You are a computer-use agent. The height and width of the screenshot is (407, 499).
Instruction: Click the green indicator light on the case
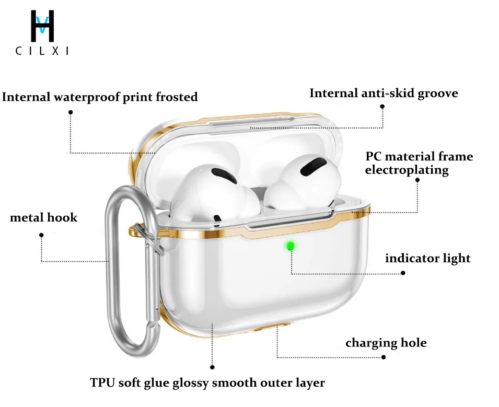coord(290,245)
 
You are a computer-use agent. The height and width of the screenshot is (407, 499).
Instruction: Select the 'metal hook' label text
coord(43,217)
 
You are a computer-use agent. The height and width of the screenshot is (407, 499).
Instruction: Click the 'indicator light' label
coord(427,258)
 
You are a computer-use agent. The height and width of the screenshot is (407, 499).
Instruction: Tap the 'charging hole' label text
coord(386,343)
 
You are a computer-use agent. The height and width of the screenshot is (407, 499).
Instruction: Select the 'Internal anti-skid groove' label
coord(384,94)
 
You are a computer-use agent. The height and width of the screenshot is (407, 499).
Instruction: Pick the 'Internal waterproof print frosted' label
coord(100,97)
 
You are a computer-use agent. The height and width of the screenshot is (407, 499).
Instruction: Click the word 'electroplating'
coord(407,170)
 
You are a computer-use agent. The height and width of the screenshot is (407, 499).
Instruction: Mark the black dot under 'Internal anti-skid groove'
coord(382,106)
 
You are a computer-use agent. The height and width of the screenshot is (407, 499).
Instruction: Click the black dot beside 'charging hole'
coord(384,357)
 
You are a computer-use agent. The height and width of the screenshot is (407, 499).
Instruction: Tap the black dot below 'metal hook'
coord(41,235)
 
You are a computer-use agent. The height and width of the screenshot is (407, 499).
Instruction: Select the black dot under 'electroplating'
coord(417,180)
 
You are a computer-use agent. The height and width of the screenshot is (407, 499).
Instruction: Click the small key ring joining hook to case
coord(144,234)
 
